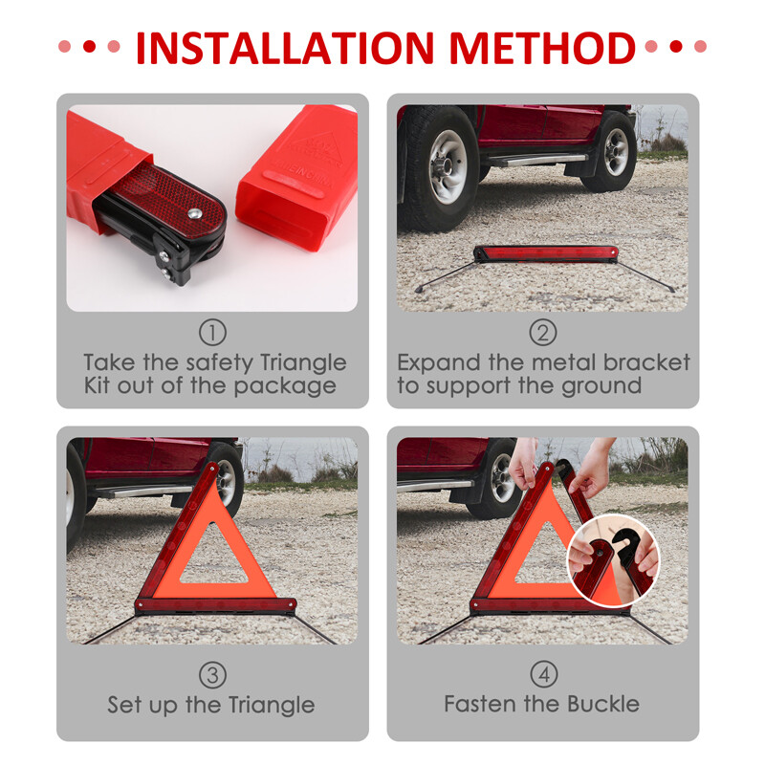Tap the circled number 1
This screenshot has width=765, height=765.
(x=212, y=333)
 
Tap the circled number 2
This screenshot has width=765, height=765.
(x=543, y=333)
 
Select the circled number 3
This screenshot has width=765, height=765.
(x=212, y=675)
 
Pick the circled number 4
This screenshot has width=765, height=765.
(x=543, y=675)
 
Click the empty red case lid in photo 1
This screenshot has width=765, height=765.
(x=297, y=177)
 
